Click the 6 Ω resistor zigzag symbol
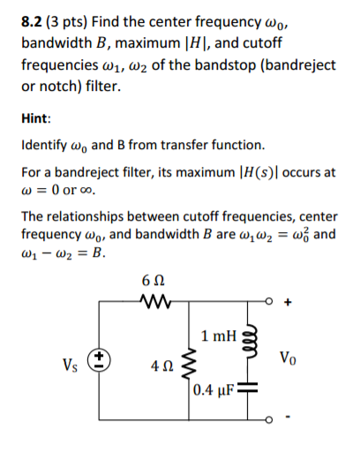[x=152, y=303]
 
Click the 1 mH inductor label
[x=218, y=336]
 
